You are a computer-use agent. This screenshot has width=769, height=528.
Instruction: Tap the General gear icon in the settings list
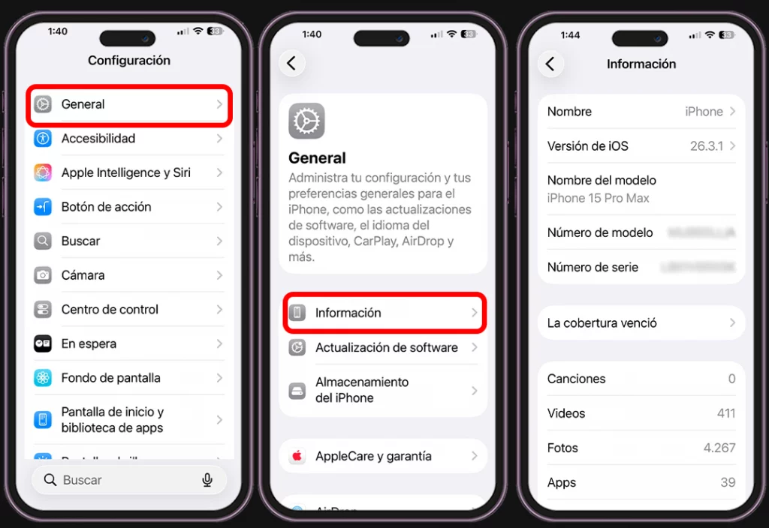(x=43, y=104)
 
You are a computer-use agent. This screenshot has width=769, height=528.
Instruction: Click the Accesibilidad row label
(x=98, y=139)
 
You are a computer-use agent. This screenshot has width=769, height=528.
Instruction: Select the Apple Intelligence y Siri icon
(x=43, y=172)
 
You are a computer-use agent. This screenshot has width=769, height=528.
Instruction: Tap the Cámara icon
(x=43, y=275)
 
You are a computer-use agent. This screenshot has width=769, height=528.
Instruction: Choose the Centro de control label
(x=110, y=310)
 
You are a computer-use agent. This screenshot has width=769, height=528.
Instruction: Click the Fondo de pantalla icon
(x=43, y=378)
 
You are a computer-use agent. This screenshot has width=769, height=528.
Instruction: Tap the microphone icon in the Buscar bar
(x=207, y=480)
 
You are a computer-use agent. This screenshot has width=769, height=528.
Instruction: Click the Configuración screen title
(x=129, y=61)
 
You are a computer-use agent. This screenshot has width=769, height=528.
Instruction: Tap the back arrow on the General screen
(x=291, y=64)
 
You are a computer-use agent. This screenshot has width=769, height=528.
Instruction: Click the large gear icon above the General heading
(x=306, y=121)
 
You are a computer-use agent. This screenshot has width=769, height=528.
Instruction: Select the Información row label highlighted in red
(x=348, y=313)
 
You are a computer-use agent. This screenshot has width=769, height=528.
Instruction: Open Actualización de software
(x=386, y=348)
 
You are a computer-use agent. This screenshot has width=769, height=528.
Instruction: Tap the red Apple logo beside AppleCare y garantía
(x=297, y=456)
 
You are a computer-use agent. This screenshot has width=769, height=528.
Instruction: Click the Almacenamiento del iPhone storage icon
(x=297, y=391)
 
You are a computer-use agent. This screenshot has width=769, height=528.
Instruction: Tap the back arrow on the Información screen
(x=550, y=64)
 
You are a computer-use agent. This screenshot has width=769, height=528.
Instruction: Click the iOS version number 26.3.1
(x=706, y=146)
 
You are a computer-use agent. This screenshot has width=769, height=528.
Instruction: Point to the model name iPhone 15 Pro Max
(x=598, y=198)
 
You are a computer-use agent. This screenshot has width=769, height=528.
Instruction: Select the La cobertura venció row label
(x=602, y=323)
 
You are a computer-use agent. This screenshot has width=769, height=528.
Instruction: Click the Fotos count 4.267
(x=719, y=448)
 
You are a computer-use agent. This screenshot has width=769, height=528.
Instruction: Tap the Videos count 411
(x=725, y=413)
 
